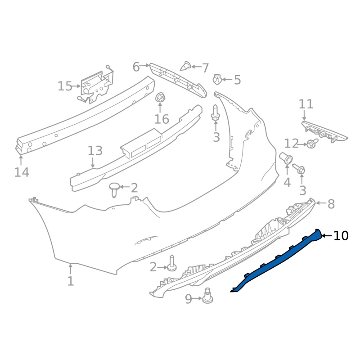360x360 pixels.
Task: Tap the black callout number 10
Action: [x=341, y=236]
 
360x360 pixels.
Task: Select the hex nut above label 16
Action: [x=160, y=98]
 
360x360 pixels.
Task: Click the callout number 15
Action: [x=65, y=86]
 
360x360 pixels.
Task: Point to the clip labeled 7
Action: [x=185, y=66]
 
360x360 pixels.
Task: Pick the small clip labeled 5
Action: [x=217, y=79]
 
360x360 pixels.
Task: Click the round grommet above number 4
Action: [x=286, y=158]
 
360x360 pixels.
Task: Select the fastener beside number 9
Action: [x=207, y=296]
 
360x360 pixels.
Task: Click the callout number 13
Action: [x=95, y=151]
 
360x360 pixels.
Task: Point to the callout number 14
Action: [x=22, y=172]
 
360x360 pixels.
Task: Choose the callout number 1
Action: [x=71, y=281]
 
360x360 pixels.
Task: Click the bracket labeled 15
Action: [x=97, y=86]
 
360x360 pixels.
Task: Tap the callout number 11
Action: [x=306, y=104]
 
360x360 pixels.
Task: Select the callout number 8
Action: [x=331, y=204]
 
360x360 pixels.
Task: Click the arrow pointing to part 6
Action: [x=144, y=65]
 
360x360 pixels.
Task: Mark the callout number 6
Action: [x=136, y=67]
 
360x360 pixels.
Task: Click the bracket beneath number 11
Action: [x=324, y=132]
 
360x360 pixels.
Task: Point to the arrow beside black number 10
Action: [x=327, y=235]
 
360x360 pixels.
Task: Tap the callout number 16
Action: [x=162, y=119]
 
